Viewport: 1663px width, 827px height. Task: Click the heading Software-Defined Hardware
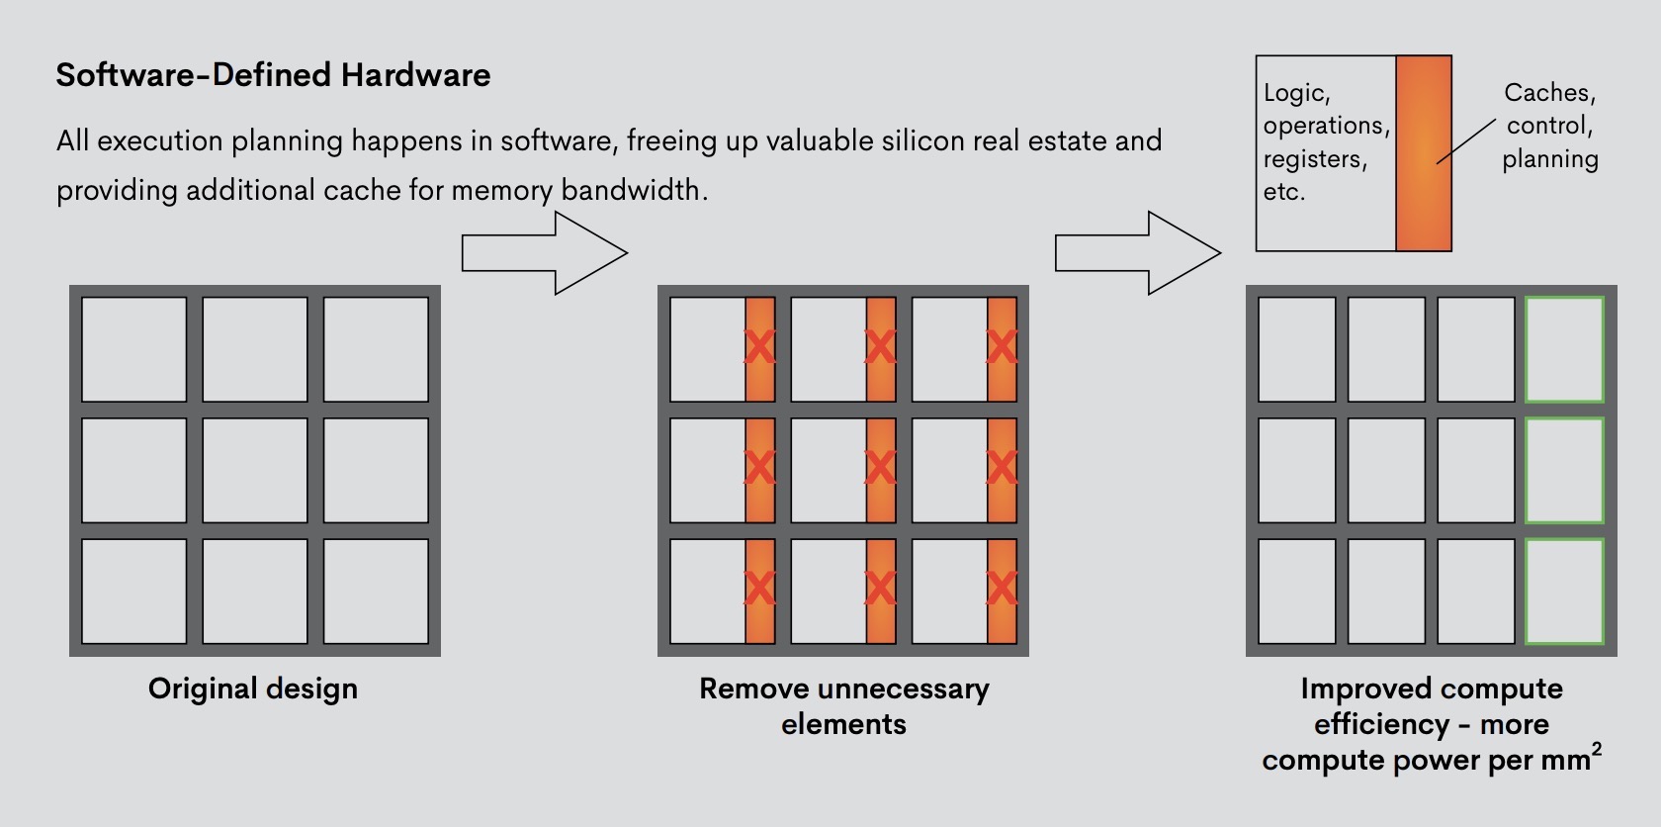tap(273, 75)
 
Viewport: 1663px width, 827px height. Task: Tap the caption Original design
tap(253, 689)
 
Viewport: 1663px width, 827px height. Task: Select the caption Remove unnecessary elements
tap(843, 705)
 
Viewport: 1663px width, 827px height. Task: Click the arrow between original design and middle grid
tap(544, 253)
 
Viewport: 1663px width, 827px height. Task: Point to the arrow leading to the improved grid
tap(1137, 253)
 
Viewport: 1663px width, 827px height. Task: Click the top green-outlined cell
tap(1564, 349)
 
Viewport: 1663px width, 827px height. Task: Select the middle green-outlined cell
tap(1564, 470)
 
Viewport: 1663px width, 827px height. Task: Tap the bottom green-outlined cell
tap(1564, 591)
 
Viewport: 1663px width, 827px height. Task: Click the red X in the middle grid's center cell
tap(880, 468)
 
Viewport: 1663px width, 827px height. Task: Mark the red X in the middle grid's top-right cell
tap(1002, 347)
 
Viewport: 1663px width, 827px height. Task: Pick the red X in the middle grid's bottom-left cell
tap(759, 589)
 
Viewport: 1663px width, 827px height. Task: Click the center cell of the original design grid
tap(255, 470)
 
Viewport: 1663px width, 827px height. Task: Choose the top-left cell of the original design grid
tap(133, 349)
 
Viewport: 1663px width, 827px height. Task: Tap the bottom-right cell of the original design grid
tap(376, 591)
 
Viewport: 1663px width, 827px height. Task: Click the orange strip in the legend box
tap(1424, 153)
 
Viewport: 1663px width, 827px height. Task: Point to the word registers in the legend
tap(1315, 159)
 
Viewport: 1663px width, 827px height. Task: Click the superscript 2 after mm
tap(1597, 749)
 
